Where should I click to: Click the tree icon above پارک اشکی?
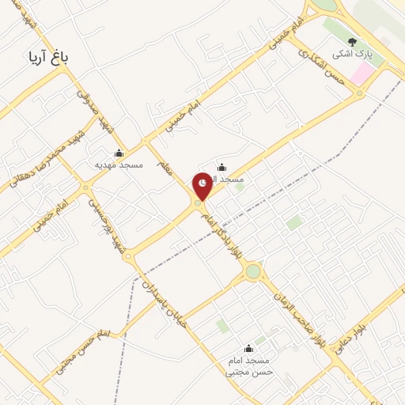click(x=353, y=43)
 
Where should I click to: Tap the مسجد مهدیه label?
click(x=119, y=166)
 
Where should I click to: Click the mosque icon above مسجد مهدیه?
click(x=119, y=153)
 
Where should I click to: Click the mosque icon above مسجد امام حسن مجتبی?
click(x=249, y=348)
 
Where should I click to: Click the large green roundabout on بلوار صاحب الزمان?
click(x=253, y=272)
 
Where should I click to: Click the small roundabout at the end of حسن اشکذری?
click(x=360, y=94)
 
